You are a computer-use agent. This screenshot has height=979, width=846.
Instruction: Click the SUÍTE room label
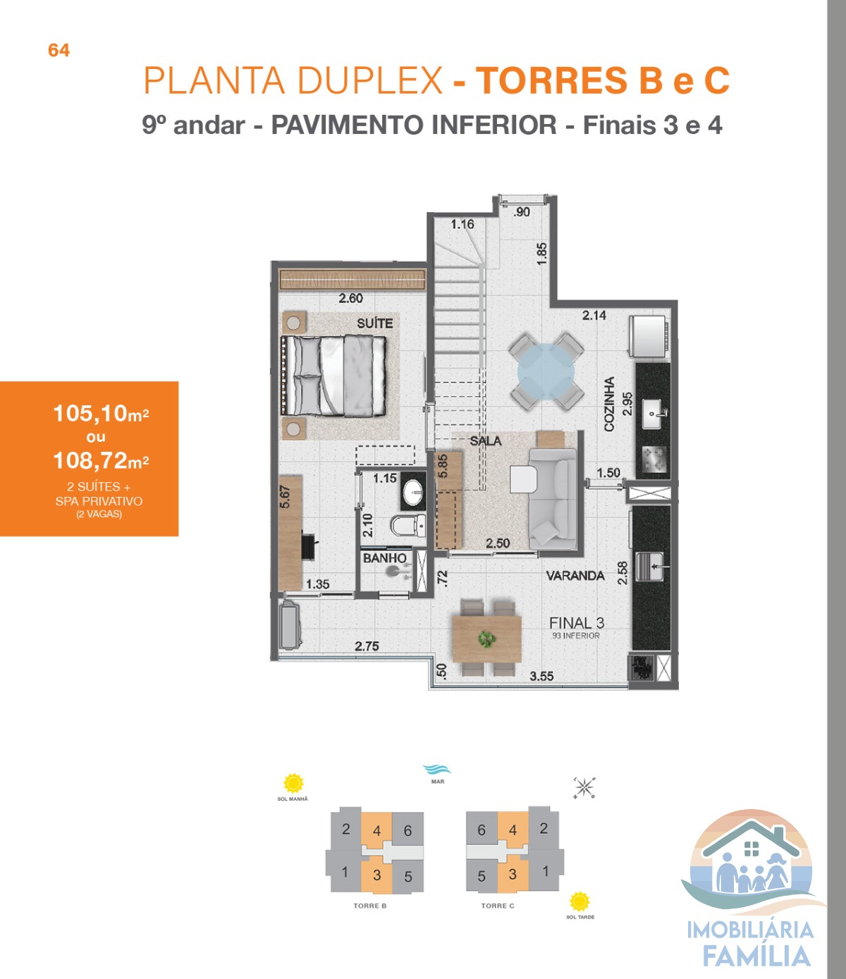(x=374, y=324)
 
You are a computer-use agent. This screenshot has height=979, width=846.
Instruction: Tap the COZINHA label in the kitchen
(x=609, y=404)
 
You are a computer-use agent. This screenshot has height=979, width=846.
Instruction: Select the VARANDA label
(x=575, y=576)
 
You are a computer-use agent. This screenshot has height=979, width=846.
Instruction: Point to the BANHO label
(x=385, y=558)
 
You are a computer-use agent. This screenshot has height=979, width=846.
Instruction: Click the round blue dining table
(x=546, y=372)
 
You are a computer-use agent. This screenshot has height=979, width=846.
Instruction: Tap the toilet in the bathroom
(x=407, y=525)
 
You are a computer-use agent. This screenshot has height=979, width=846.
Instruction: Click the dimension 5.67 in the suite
(x=285, y=497)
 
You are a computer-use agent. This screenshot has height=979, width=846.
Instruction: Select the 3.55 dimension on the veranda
(x=541, y=677)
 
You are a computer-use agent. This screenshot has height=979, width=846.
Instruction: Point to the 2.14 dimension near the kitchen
(x=594, y=316)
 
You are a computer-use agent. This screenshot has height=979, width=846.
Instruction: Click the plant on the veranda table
(x=486, y=639)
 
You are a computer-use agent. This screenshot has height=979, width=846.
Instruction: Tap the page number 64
(x=59, y=50)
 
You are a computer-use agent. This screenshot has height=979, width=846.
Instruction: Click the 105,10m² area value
(x=101, y=414)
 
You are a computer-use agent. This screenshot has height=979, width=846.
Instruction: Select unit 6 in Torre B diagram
(x=407, y=830)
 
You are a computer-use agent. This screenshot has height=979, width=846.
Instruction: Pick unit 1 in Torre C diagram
(x=545, y=870)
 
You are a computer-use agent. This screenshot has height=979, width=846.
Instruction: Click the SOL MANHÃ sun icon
(x=293, y=783)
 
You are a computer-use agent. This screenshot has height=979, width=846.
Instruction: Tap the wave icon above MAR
(x=436, y=768)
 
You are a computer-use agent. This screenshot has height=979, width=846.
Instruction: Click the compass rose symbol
(x=584, y=788)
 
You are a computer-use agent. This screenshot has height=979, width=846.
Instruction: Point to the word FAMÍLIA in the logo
(x=756, y=956)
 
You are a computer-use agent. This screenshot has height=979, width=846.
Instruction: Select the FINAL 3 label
(x=577, y=623)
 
